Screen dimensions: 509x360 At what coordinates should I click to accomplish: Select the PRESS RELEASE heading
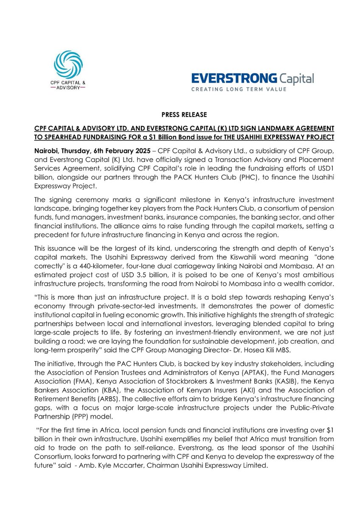[180, 115]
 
